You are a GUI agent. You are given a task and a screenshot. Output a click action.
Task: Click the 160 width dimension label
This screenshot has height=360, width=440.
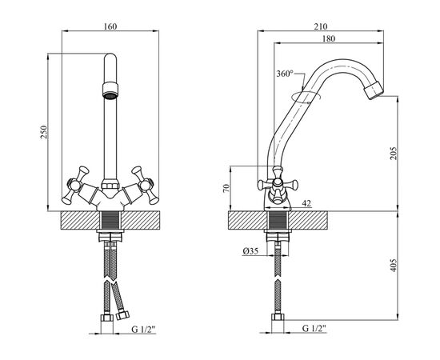pos(110,26)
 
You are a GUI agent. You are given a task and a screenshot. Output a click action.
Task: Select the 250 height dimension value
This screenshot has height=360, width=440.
pos(44,132)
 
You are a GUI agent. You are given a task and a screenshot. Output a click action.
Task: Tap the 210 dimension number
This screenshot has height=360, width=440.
pos(321,26)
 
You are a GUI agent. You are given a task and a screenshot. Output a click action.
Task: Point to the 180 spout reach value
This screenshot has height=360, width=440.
pos(329,38)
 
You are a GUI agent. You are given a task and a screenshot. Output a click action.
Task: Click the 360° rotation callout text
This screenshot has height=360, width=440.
pos(285,74)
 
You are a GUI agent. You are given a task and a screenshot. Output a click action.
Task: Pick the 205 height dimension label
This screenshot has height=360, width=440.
pos(394,154)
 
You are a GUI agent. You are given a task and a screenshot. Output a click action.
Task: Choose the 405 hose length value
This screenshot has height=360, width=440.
pos(394,265)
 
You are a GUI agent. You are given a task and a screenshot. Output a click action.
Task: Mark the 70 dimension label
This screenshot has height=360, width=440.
pos(226,188)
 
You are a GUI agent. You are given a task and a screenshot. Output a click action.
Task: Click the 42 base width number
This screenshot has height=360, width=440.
pos(306,203)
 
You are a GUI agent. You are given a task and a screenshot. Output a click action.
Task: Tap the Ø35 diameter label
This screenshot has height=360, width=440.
pos(250,251)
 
